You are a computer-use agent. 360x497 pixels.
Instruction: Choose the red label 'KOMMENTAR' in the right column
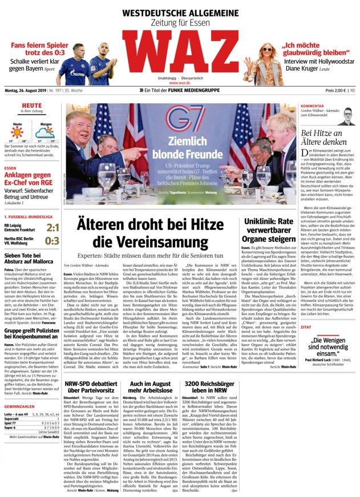(x=312, y=106)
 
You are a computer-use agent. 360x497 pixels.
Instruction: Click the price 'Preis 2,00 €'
(x=335, y=91)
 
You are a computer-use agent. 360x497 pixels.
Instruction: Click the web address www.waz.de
(x=180, y=83)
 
